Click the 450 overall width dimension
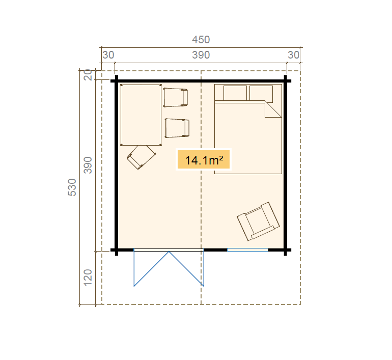201,40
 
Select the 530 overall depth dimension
72,187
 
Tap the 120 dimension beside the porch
88,278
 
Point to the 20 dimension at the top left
88,75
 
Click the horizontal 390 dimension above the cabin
201,55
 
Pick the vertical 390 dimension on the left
88,165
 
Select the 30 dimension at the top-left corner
108,55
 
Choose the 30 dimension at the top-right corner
294,55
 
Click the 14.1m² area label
204,160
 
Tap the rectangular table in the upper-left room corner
141,115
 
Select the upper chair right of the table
175,97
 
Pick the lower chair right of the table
177,128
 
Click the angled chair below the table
141,157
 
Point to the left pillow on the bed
235,93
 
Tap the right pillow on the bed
261,94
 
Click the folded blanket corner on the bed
273,109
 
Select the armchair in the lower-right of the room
258,221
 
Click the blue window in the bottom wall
247,250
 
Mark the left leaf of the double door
151,269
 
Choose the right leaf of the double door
186,269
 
